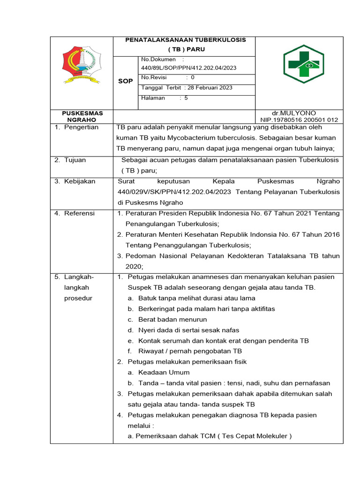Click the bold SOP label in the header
(125, 81)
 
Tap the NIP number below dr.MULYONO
(299, 120)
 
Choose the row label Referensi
(79, 213)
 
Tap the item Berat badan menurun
(166, 319)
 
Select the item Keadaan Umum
(164, 372)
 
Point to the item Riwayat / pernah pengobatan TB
(190, 351)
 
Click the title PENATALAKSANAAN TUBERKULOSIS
(185, 40)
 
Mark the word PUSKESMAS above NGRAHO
(82, 113)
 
